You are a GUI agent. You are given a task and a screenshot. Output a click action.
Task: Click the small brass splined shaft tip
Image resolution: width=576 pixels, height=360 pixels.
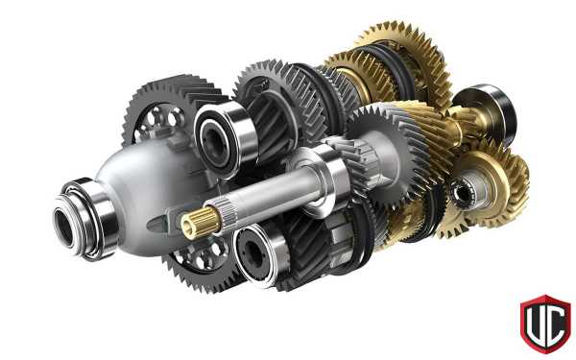click(200, 223)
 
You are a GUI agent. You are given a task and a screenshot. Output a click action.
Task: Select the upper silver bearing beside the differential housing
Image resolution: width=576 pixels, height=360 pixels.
click(225, 140)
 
